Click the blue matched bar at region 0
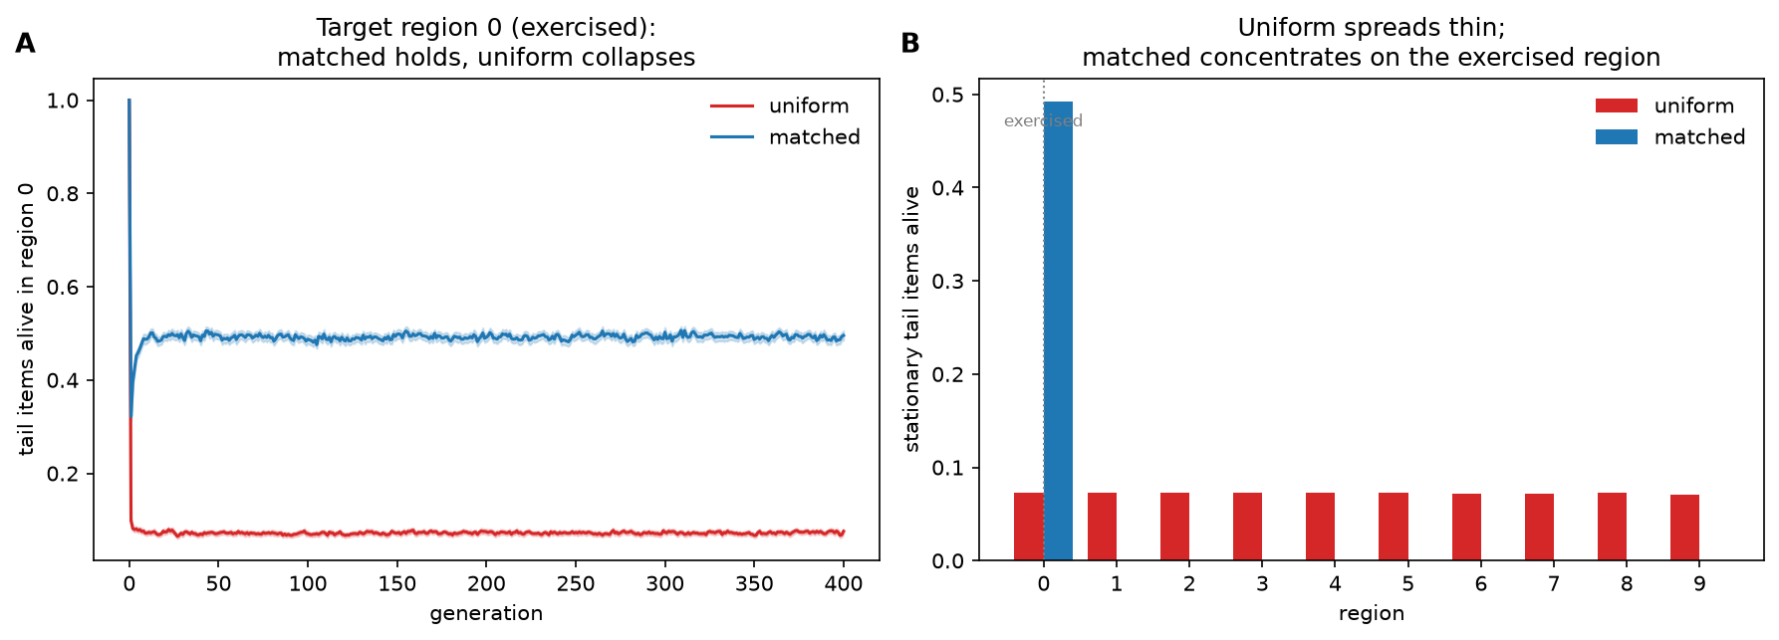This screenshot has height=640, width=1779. click(1058, 331)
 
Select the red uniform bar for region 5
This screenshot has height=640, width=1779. click(1394, 527)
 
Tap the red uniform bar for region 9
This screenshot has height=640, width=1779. click(1685, 528)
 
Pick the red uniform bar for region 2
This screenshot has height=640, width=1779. click(1174, 527)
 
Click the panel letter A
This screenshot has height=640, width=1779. click(25, 44)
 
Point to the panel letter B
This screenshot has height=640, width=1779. click(910, 44)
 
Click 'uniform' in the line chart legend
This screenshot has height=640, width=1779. click(809, 106)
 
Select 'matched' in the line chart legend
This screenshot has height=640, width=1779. click(814, 137)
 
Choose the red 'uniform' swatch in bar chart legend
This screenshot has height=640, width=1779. click(1617, 106)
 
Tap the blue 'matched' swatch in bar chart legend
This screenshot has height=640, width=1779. click(1617, 137)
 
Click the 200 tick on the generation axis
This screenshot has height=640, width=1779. click(486, 584)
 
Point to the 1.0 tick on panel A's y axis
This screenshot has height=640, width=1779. click(63, 101)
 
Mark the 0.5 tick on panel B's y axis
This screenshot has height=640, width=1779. click(948, 96)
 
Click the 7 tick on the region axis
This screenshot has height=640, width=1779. click(1554, 584)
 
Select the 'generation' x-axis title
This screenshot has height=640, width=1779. click(486, 614)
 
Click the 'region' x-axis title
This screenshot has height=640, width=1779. click(1372, 614)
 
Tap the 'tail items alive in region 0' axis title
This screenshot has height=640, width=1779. click(27, 320)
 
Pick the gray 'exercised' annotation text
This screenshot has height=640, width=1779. click(1043, 121)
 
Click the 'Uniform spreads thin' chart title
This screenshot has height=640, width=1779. click(1372, 28)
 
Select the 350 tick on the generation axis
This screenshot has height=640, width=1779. click(754, 584)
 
